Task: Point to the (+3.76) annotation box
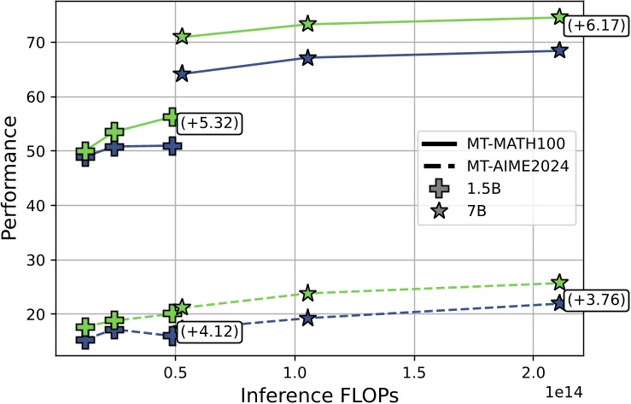click(594, 300)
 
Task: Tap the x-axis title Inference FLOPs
click(318, 393)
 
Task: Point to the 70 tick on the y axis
click(46, 42)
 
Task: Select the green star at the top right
click(559, 17)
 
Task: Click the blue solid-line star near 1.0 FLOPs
click(307, 57)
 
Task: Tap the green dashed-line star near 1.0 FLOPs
click(307, 293)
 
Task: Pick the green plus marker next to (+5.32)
click(172, 117)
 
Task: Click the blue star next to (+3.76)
click(559, 303)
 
